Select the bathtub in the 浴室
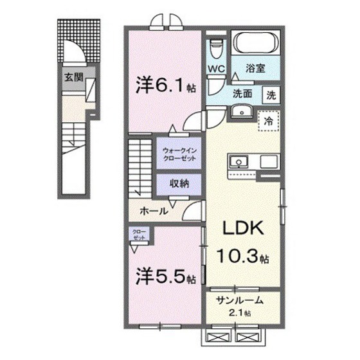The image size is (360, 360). [x=255, y=43]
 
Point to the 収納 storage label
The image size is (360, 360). [x=179, y=183]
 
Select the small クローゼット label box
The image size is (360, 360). [x=138, y=234]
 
